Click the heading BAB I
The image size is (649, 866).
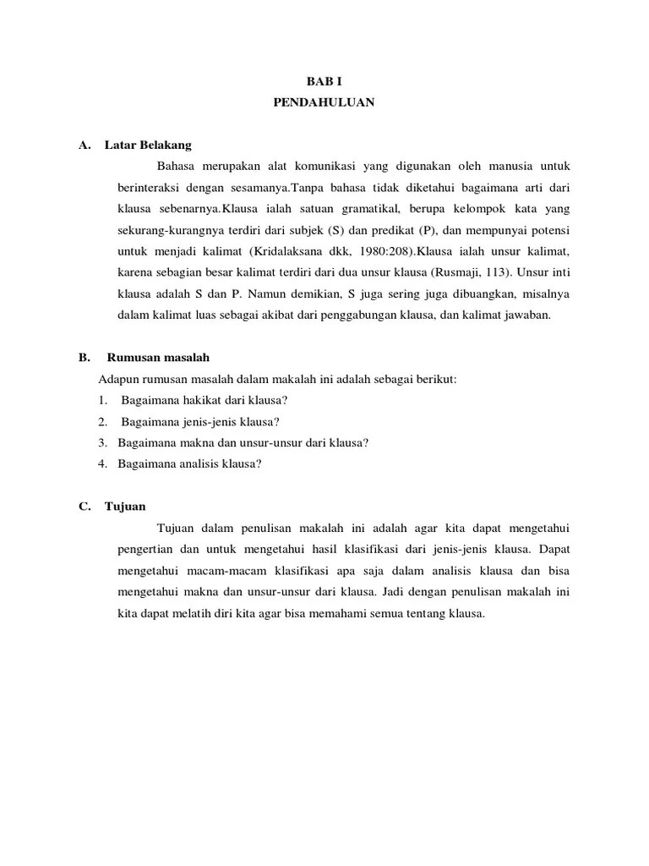324,82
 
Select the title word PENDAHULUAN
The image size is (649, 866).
324,103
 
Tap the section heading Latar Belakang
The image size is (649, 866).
148,145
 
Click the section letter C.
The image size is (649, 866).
84,507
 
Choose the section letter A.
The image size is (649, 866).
84,145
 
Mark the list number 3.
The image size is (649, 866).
101,442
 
